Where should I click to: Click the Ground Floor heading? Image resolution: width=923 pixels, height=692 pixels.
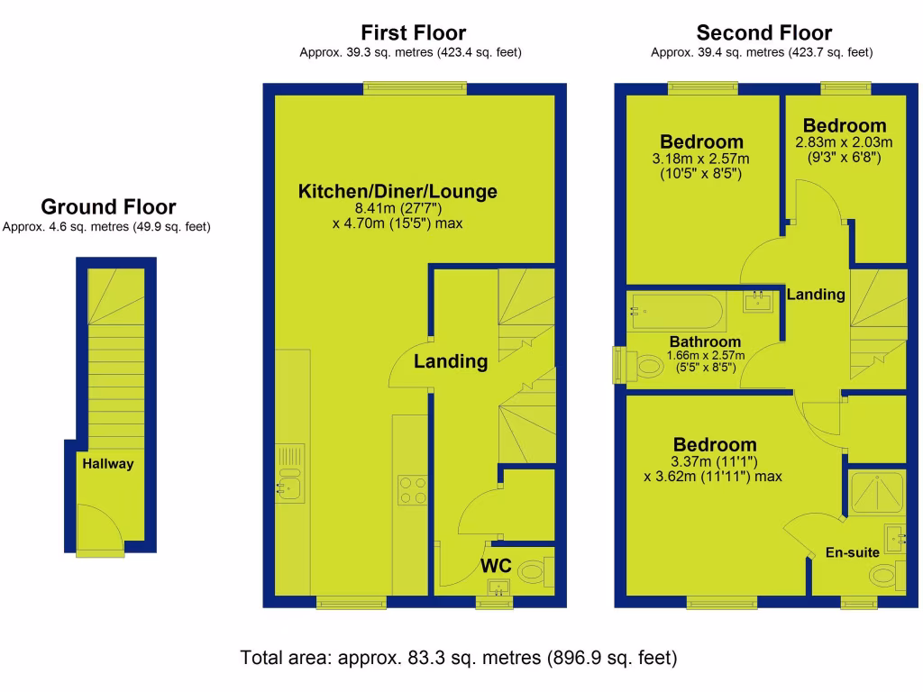pyautogui.click(x=108, y=207)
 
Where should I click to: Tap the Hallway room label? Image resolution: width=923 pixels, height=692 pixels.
pyautogui.click(x=108, y=464)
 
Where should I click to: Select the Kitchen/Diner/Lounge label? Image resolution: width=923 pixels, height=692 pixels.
pyautogui.click(x=398, y=191)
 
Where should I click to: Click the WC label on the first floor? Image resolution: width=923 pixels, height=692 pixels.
pyautogui.click(x=496, y=566)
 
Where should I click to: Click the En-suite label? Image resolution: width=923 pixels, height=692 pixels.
pyautogui.click(x=853, y=552)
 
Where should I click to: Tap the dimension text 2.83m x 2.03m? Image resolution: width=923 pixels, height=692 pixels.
pyautogui.click(x=844, y=142)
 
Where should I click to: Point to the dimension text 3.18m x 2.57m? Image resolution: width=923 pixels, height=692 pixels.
pyautogui.click(x=701, y=159)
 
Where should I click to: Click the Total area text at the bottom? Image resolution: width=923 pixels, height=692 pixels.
pyautogui.click(x=459, y=658)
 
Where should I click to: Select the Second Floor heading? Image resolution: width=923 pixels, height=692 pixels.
pyautogui.click(x=763, y=33)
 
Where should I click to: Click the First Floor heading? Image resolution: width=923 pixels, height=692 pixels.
pyautogui.click(x=414, y=33)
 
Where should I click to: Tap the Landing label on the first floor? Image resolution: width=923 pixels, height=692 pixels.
pyautogui.click(x=451, y=361)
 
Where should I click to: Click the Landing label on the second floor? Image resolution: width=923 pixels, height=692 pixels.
pyautogui.click(x=816, y=294)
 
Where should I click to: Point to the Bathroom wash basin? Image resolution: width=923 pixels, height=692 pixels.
pyautogui.click(x=759, y=300)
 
